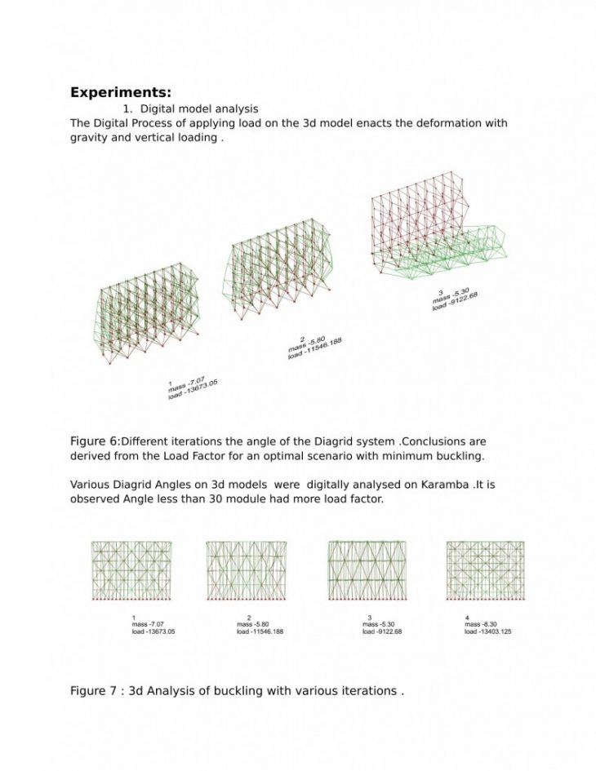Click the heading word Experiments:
coord(120,92)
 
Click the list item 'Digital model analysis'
coord(199,109)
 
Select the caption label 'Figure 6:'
coord(95,441)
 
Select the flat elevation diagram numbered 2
coord(246,570)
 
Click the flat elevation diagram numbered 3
coord(367,570)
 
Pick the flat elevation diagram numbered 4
coord(485,570)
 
